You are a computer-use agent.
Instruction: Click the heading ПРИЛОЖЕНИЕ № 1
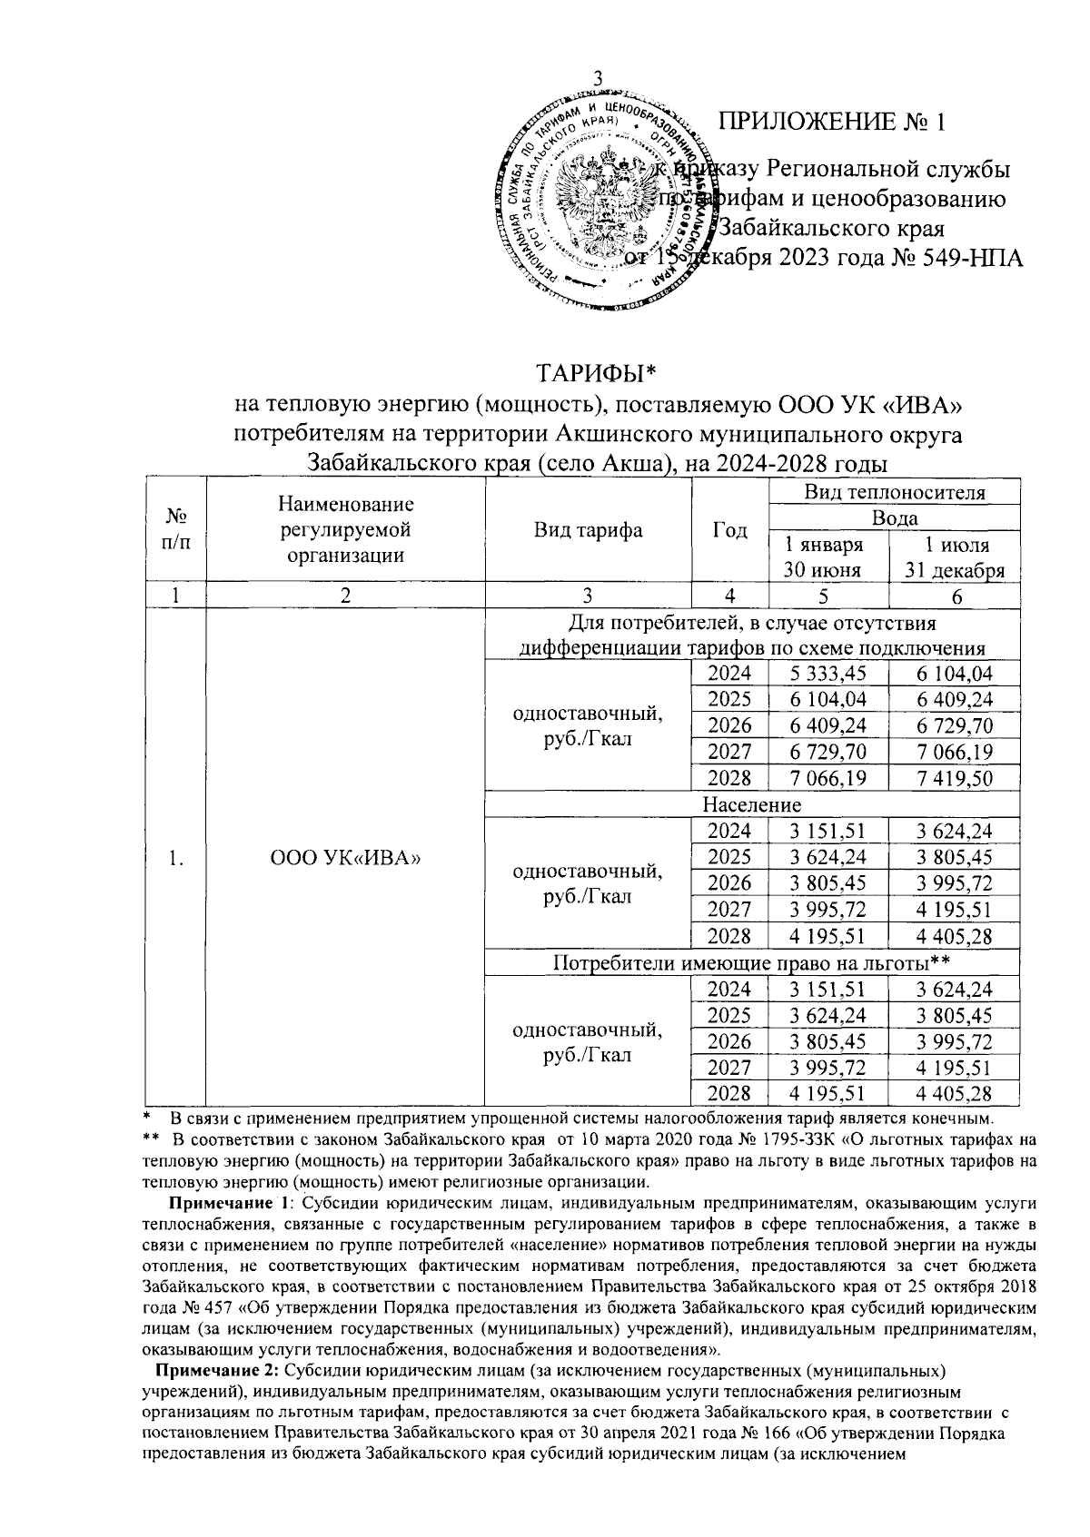click(x=832, y=123)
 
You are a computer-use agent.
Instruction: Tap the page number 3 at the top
click(x=598, y=79)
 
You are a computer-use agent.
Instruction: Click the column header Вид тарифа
click(x=588, y=531)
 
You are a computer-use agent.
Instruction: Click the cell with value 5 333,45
click(x=827, y=673)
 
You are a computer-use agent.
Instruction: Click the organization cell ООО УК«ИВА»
click(x=345, y=858)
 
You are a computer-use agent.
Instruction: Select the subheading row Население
click(x=751, y=804)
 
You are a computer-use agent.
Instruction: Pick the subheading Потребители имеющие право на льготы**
click(x=751, y=962)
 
